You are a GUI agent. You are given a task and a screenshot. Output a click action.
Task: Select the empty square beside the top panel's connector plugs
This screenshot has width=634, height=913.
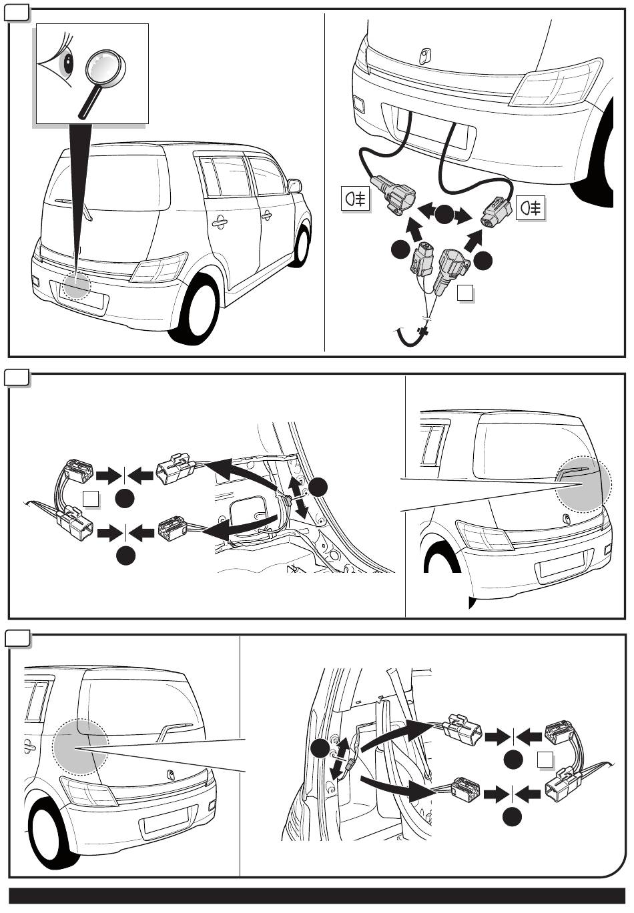[467, 293]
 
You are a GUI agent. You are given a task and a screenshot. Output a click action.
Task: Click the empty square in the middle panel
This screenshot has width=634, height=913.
[91, 498]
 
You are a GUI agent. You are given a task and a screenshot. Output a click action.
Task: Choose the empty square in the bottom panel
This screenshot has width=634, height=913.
[545, 759]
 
